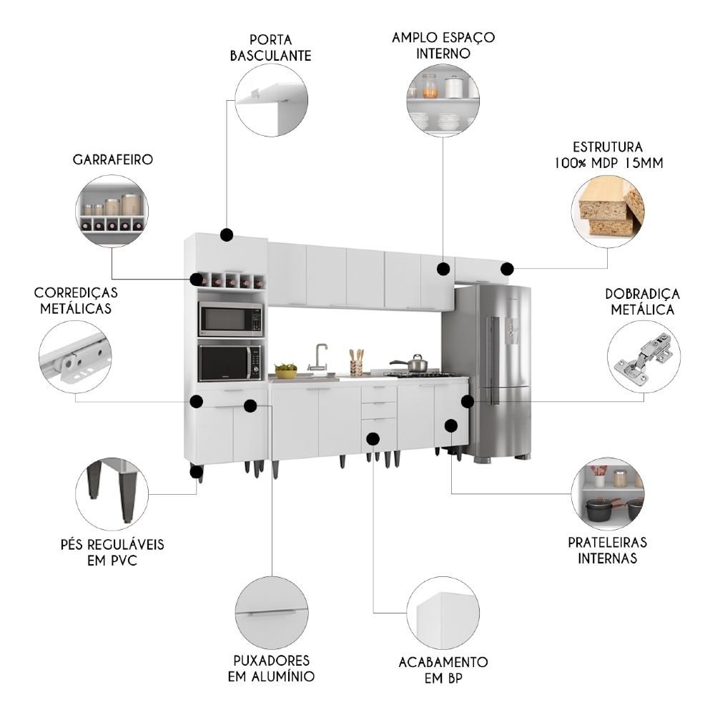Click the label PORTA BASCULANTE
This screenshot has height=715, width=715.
pyautogui.click(x=270, y=47)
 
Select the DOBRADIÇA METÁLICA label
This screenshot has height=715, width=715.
pyautogui.click(x=642, y=302)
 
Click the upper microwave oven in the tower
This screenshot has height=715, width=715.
pyautogui.click(x=230, y=319)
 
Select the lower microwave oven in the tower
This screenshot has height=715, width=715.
pyautogui.click(x=230, y=363)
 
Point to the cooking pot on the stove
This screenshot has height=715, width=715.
pyautogui.click(x=416, y=363)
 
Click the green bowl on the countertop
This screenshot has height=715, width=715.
pyautogui.click(x=286, y=370)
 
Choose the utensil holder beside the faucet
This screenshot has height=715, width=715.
pyautogui.click(x=355, y=365)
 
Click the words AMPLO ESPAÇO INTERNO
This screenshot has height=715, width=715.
pyautogui.click(x=443, y=45)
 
